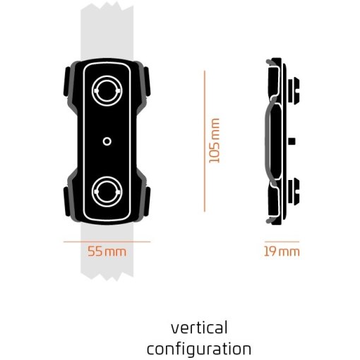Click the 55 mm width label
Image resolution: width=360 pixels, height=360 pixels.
107,251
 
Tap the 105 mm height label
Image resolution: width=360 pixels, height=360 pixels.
215,140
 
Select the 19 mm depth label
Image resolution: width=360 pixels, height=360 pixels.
282,251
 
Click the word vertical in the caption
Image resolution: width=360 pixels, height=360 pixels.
199,328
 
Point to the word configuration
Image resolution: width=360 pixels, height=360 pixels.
199,349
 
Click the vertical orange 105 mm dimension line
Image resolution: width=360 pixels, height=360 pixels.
205,141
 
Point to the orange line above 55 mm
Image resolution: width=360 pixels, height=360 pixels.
107,241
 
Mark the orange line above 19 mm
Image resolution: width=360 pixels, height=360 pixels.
282,241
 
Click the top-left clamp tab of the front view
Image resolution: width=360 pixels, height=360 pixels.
67,82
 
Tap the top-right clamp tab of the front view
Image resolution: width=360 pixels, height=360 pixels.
147,82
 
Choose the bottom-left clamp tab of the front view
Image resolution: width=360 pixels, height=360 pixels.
67,202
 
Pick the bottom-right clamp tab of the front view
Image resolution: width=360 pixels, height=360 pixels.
147,202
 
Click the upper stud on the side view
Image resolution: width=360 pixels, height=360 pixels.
294,90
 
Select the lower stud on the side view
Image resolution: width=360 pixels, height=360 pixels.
294,191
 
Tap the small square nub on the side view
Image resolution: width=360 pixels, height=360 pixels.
292,141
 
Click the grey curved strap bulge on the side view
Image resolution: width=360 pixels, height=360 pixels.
267,140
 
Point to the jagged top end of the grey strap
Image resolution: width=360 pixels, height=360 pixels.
107,6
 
